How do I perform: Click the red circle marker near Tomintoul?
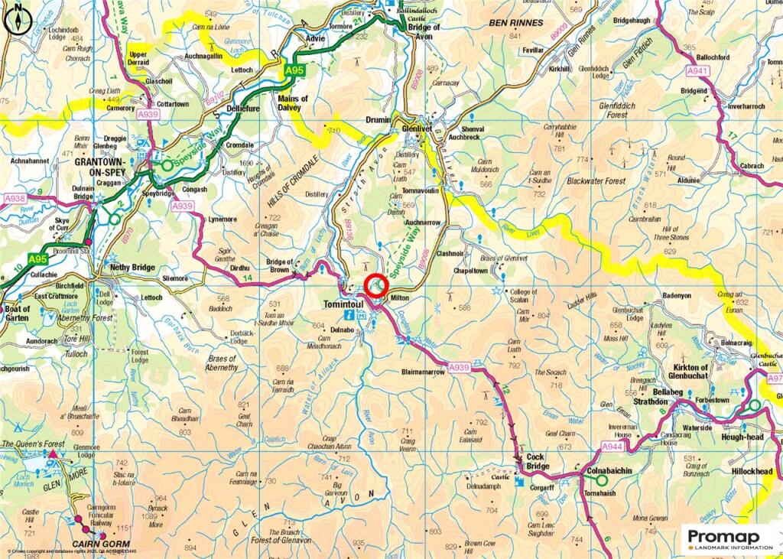pos(375,285)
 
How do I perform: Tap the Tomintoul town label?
pos(337,301)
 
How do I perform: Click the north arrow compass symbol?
pos(15,21)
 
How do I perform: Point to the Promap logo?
pos(729,539)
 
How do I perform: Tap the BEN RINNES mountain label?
pos(517,23)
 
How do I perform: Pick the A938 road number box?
pos(15,199)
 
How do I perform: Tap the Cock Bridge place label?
pos(536,462)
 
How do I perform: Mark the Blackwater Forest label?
pos(596,181)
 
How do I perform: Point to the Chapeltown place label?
pos(471,271)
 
